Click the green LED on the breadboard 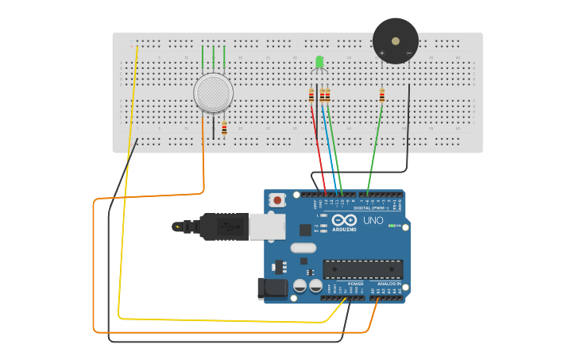[x=319, y=62]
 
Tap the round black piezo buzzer [x=396, y=41]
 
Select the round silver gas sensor [x=214, y=93]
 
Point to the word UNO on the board [x=373, y=220]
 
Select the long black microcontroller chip [x=362, y=269]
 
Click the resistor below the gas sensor [x=224, y=129]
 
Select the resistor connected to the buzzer [x=381, y=95]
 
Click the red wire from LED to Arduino [x=318, y=147]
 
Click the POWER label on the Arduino [x=355, y=284]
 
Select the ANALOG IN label [x=389, y=284]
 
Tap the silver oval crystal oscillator [x=303, y=248]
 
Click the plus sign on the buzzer [x=382, y=53]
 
